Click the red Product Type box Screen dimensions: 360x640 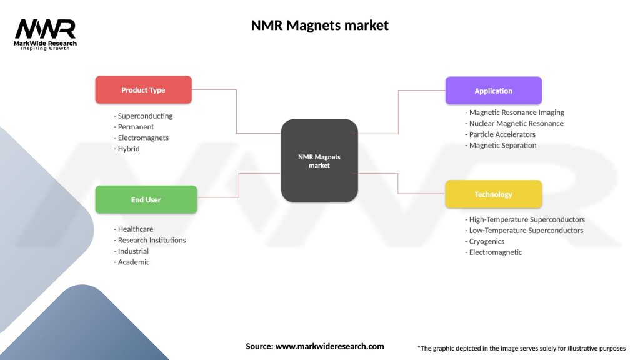pyautogui.click(x=143, y=90)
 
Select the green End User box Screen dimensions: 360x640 pyautogui.click(x=146, y=200)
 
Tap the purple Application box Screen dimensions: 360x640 pyautogui.click(x=493, y=91)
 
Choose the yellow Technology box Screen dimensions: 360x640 pyautogui.click(x=493, y=194)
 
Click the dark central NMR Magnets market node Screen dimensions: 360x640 pyautogui.click(x=319, y=161)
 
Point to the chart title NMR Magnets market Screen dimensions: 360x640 pyautogui.click(x=319, y=25)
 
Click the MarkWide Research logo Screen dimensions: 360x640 pyautogui.click(x=46, y=34)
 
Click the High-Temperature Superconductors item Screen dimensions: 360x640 pyautogui.click(x=525, y=219)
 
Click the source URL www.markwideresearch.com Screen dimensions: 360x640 pyautogui.click(x=330, y=346)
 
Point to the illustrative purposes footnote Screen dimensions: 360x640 pyautogui.click(x=521, y=348)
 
